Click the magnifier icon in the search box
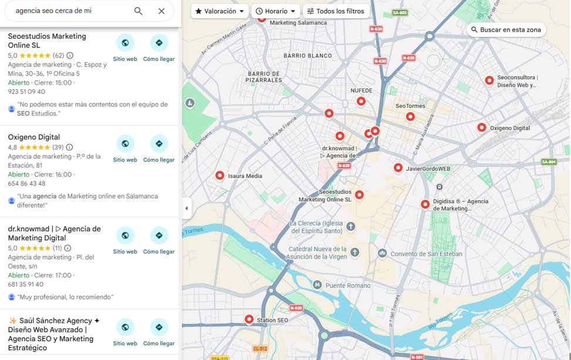[138, 11]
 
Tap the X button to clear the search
[161, 11]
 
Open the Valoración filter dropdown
[219, 11]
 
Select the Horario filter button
[275, 11]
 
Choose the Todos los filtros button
[336, 11]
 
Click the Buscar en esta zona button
[506, 30]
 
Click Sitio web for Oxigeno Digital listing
[125, 144]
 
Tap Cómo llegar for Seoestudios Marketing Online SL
[158, 43]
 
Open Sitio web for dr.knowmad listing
[125, 235]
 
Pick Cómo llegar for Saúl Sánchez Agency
[158, 327]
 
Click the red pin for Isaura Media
[219, 175]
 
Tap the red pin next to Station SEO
[249, 319]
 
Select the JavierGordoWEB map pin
[398, 168]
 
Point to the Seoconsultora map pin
[489, 80]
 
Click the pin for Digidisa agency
[425, 204]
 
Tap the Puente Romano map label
[347, 285]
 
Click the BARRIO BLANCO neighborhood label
[308, 56]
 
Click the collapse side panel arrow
[187, 208]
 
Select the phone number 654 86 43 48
[26, 184]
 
